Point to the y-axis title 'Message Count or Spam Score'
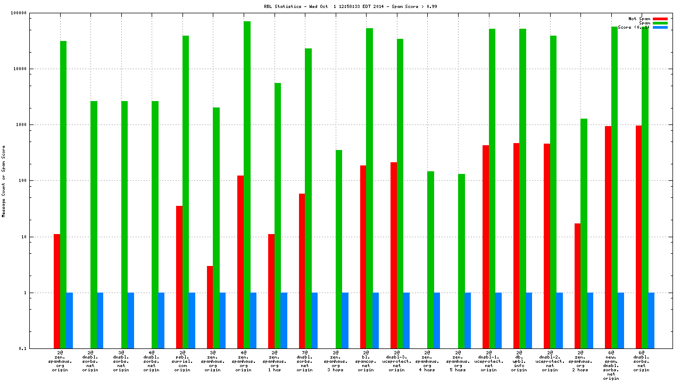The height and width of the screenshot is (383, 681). [x=4, y=181]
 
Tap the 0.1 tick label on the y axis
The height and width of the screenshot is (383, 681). [x=37, y=348]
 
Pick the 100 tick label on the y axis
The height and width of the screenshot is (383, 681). [x=36, y=181]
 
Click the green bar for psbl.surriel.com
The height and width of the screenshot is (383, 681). [x=186, y=191]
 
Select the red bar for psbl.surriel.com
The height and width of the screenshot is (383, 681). [x=179, y=277]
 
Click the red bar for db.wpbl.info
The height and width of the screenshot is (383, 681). [x=516, y=245]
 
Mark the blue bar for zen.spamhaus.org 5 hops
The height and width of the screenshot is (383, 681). [x=468, y=320]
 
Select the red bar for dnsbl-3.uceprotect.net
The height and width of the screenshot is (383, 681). [x=394, y=255]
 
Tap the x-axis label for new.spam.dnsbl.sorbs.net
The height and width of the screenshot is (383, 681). [x=611, y=365]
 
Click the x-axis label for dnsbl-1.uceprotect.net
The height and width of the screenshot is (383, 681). [x=489, y=361]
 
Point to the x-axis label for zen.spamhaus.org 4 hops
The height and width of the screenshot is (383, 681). [x=427, y=361]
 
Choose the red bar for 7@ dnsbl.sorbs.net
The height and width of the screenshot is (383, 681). [x=302, y=271]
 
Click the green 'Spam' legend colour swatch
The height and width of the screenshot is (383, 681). [x=660, y=23]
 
